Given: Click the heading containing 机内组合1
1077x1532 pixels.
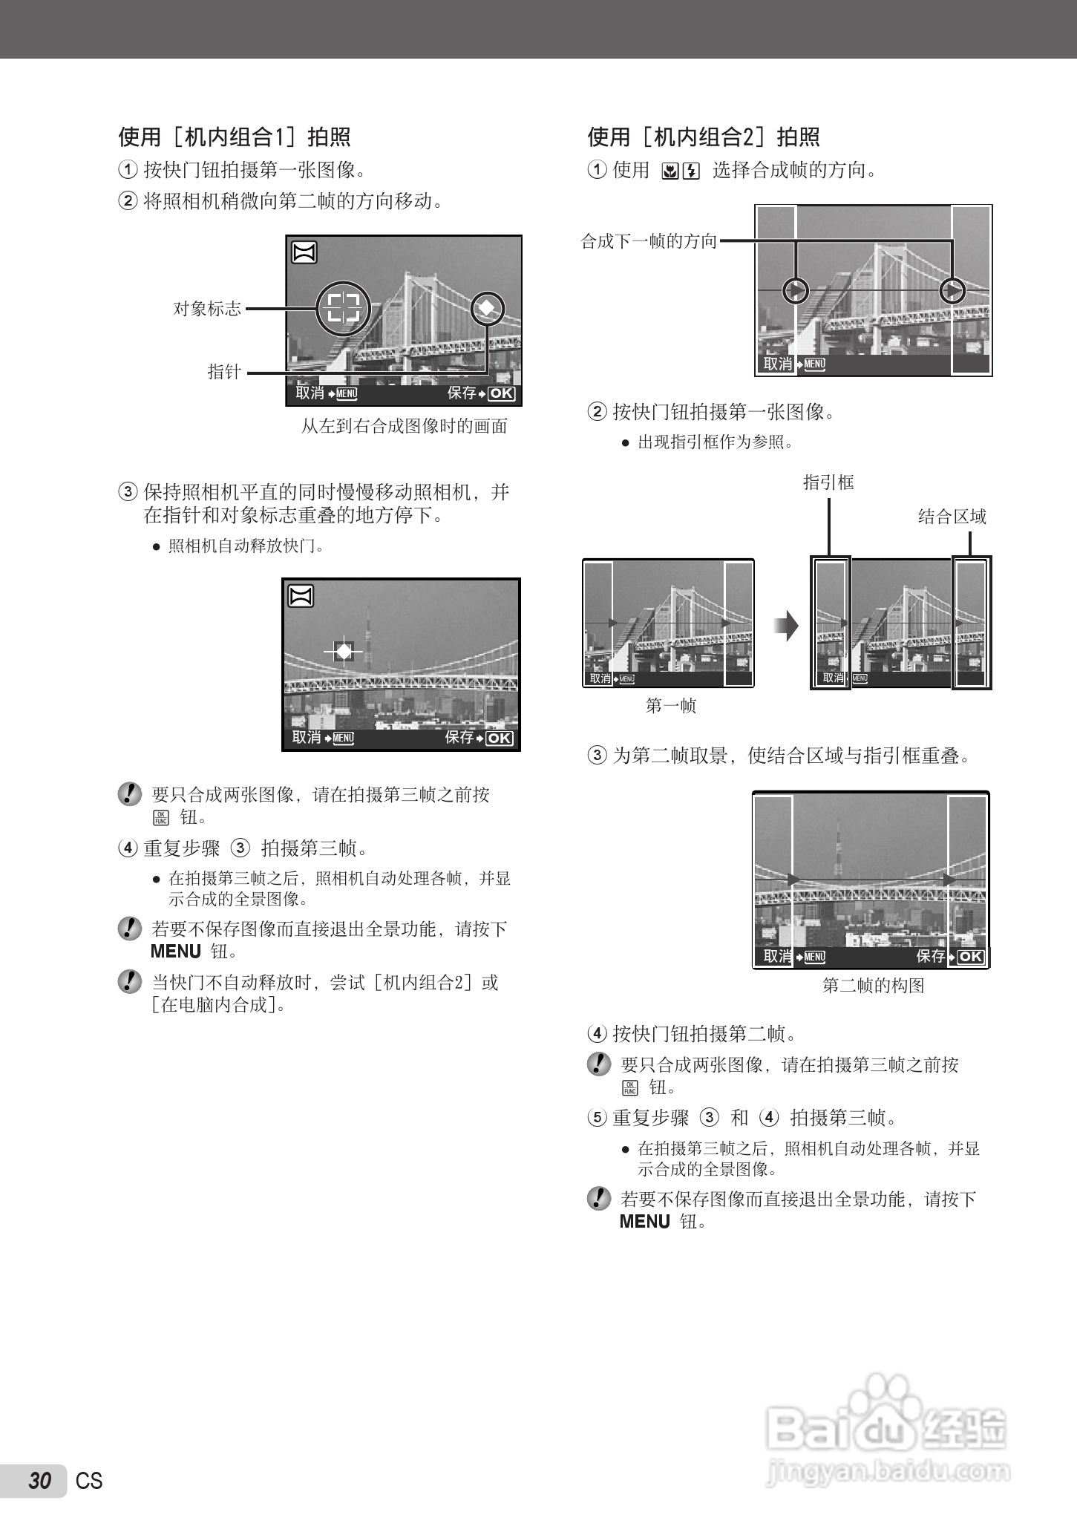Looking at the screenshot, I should pyautogui.click(x=235, y=137).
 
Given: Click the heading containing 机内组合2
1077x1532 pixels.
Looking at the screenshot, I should pyautogui.click(x=704, y=137).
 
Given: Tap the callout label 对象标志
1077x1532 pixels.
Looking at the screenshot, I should pyautogui.click(x=207, y=309).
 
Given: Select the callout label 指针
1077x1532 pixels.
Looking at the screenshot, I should pyautogui.click(x=223, y=372).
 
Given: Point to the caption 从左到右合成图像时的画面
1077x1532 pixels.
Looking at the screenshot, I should pyautogui.click(x=405, y=426).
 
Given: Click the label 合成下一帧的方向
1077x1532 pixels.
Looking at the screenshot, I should pyautogui.click(x=649, y=241).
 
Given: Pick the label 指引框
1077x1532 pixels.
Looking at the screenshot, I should pyautogui.click(x=828, y=482).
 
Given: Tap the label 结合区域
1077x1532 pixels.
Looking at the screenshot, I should pyautogui.click(x=952, y=517).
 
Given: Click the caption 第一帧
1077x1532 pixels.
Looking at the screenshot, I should pyautogui.click(x=671, y=705).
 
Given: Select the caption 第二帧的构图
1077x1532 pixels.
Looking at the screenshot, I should pyautogui.click(x=874, y=986).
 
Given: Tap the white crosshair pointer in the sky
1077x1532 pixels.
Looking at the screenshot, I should pyautogui.click(x=344, y=652).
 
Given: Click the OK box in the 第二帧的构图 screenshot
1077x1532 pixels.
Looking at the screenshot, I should pyautogui.click(x=970, y=957).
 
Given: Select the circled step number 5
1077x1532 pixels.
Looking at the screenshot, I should pyautogui.click(x=597, y=1117).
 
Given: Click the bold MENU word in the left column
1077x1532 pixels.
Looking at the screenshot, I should pyautogui.click(x=176, y=952).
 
